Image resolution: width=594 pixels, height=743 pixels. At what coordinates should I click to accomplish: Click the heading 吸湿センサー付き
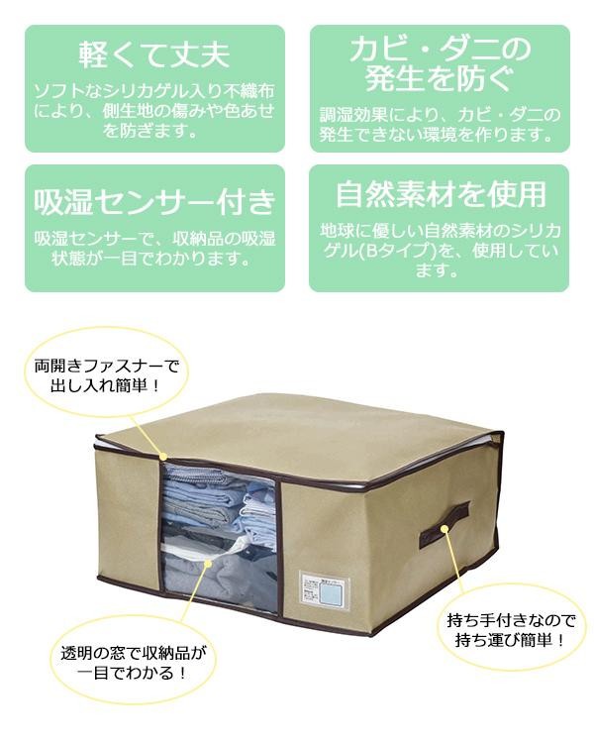(x=153, y=203)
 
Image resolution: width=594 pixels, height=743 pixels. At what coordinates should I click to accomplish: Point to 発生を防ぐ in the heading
(x=440, y=78)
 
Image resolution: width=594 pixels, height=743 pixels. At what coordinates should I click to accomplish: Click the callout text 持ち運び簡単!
(x=505, y=641)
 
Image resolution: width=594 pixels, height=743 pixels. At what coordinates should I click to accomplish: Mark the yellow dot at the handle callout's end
(x=445, y=529)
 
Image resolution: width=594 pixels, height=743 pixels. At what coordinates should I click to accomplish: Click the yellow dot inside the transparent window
(x=207, y=562)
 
